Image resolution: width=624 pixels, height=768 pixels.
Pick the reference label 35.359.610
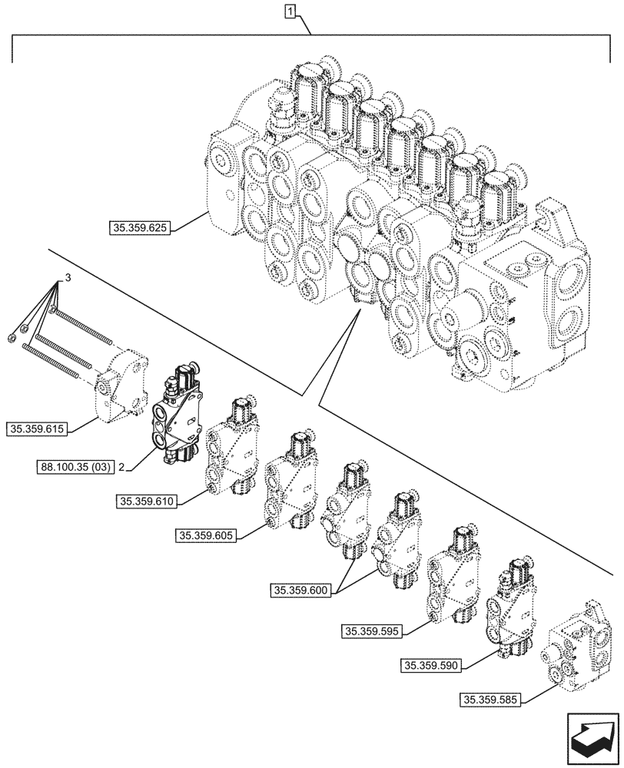(148, 502)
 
